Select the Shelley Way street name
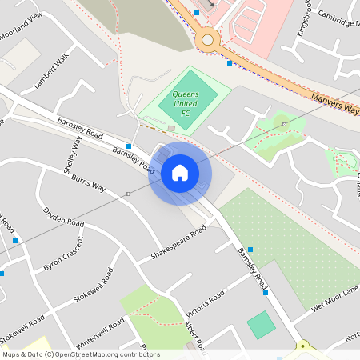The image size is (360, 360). click(72, 154)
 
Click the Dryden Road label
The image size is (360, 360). click(64, 217)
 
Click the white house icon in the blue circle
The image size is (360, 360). click(180, 173)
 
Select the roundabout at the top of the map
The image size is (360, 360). click(208, 38)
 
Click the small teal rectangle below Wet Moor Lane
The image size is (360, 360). click(261, 325)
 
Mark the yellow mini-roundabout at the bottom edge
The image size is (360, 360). click(303, 348)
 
